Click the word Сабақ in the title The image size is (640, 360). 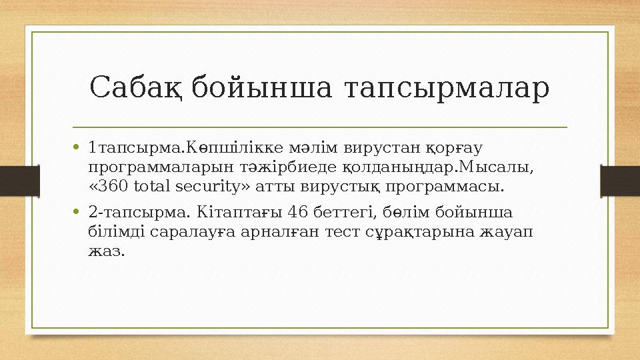pos(137,88)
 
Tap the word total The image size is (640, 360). pos(149,185)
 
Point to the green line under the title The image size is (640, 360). pos(320,127)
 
